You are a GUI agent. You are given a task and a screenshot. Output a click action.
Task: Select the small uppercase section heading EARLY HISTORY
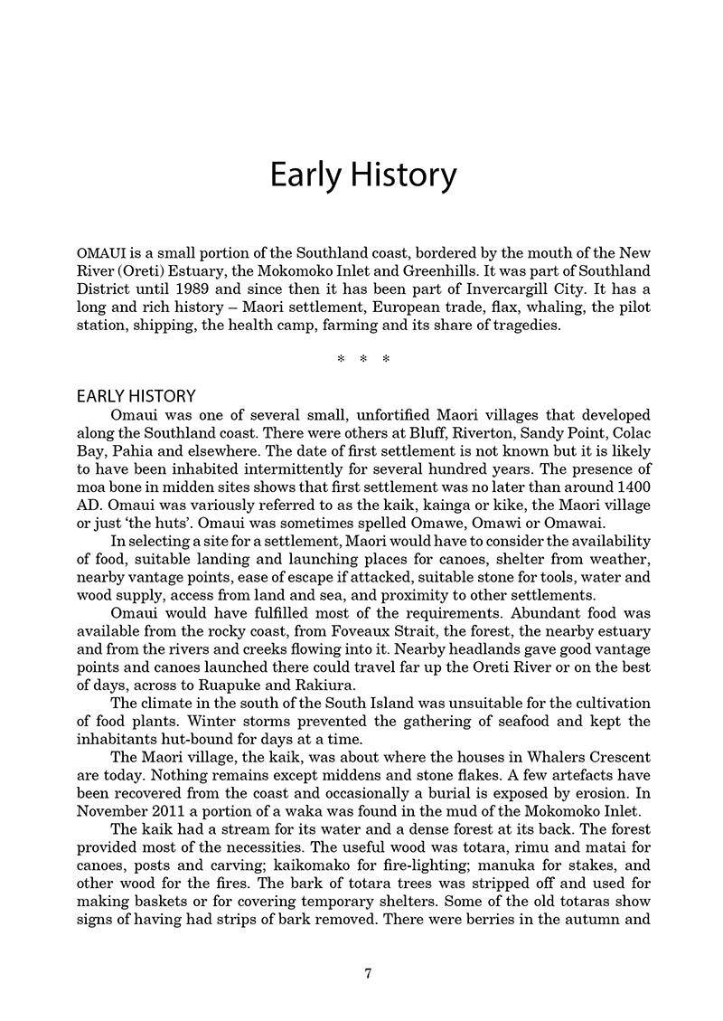click(x=136, y=396)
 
